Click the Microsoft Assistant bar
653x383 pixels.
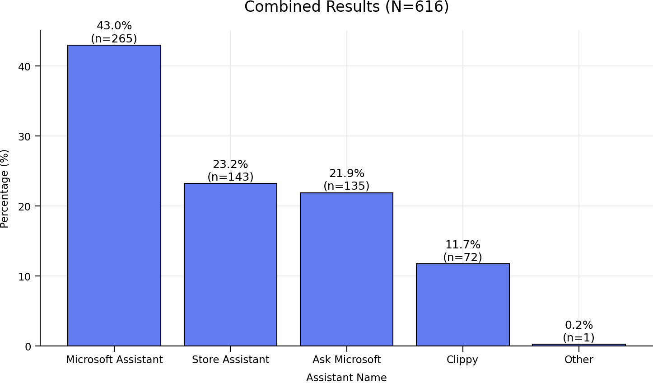coord(114,195)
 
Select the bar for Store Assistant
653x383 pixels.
coord(230,265)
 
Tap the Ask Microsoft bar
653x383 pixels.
coord(347,269)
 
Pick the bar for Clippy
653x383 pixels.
coord(462,305)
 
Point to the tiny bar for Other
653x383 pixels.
coord(578,345)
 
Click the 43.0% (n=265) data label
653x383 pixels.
coord(114,32)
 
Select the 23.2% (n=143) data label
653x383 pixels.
coord(230,171)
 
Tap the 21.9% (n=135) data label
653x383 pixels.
coord(347,180)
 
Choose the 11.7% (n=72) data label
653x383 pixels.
coord(462,251)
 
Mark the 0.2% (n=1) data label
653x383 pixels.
coord(578,331)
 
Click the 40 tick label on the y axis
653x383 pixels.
coord(24,66)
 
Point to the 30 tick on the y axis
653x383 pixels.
coord(24,136)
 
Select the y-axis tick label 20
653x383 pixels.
coord(24,206)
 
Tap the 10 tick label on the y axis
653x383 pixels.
coord(24,276)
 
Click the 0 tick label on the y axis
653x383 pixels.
coord(28,346)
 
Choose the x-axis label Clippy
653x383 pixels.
coord(462,360)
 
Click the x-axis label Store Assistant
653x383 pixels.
coord(231,360)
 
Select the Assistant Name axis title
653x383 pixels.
coord(346,378)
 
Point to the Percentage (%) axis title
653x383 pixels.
coord(5,189)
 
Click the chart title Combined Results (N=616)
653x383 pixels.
coord(347,7)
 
